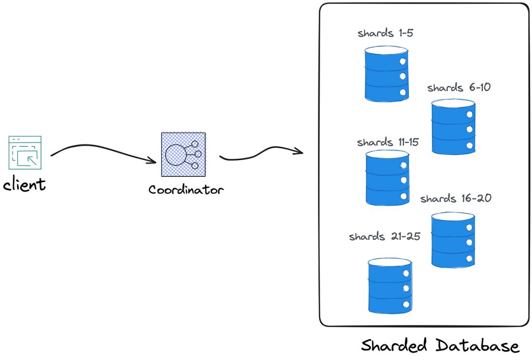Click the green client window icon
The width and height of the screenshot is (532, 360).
pyautogui.click(x=25, y=153)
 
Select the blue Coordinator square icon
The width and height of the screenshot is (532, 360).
pyautogui.click(x=183, y=155)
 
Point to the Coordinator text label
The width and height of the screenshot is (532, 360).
pyautogui.click(x=186, y=190)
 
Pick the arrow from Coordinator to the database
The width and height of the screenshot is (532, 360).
pyautogui.click(x=261, y=153)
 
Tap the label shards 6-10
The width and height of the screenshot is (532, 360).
pyautogui.click(x=459, y=88)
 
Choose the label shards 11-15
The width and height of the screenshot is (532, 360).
pyautogui.click(x=388, y=142)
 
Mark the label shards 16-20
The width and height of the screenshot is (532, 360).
pyautogui.click(x=456, y=198)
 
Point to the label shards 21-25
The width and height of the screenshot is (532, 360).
pyautogui.click(x=384, y=236)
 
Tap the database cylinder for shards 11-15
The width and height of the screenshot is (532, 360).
pyautogui.click(x=388, y=178)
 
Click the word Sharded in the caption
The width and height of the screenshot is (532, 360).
pyautogui.click(x=394, y=345)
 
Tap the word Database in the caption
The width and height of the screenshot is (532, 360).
pyautogui.click(x=477, y=345)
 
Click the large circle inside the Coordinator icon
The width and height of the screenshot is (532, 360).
pyautogui.click(x=175, y=155)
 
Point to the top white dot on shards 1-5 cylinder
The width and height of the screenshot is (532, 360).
pyautogui.click(x=402, y=62)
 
